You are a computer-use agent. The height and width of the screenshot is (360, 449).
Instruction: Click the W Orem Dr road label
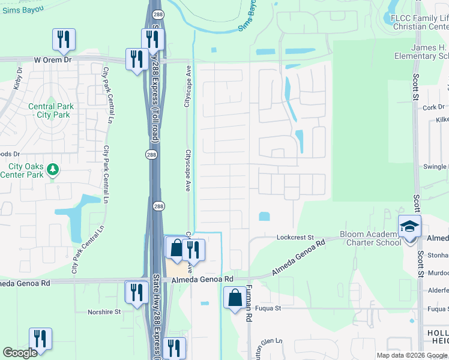tap(53, 60)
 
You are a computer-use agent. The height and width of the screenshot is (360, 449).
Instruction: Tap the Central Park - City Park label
tap(49, 111)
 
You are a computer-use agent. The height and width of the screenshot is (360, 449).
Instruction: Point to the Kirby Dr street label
tap(17, 79)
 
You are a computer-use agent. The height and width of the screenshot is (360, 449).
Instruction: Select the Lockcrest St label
tap(295, 237)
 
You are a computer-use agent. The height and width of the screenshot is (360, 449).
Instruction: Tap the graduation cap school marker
tap(410, 227)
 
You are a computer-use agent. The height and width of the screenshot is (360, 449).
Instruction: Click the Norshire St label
tap(104, 312)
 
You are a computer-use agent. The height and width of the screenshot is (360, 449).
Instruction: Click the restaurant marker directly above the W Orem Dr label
tap(63, 40)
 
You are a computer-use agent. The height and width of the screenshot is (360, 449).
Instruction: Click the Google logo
tap(20, 353)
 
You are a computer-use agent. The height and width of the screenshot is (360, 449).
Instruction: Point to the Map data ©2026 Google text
tap(412, 355)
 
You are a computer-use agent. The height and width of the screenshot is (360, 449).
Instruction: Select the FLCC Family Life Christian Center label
tap(419, 22)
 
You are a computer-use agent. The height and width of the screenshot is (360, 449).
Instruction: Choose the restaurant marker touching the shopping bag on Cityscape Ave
tap(194, 249)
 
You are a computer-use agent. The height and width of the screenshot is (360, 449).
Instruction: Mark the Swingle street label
tap(436, 166)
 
